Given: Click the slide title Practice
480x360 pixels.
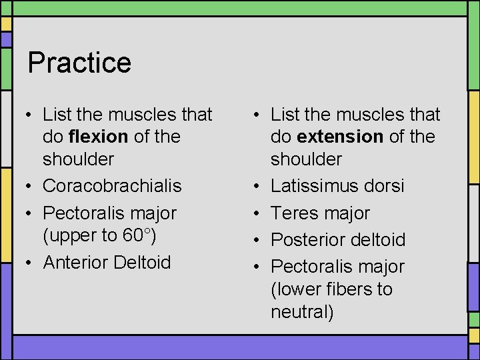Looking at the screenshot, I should [x=79, y=63].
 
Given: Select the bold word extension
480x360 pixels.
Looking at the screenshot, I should [x=340, y=137].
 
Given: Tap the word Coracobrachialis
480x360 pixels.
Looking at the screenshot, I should [x=112, y=185].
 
